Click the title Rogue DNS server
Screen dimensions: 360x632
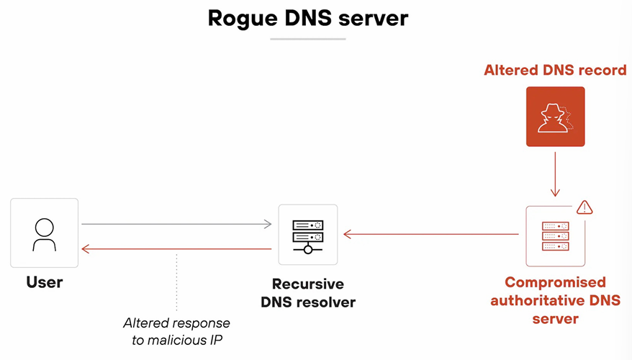(x=308, y=18)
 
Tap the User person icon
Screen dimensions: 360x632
(x=44, y=233)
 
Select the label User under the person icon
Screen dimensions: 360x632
(x=45, y=282)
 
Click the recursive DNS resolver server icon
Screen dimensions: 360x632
(x=308, y=234)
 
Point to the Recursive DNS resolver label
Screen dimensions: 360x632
(x=308, y=293)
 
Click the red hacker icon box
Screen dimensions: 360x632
(x=555, y=117)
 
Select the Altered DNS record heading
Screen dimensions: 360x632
(x=555, y=71)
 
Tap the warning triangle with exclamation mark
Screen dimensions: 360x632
(x=584, y=207)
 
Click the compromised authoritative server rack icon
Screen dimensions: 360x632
(x=555, y=236)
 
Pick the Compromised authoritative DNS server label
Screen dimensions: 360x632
(x=555, y=300)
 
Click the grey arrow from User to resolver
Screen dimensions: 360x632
(x=176, y=225)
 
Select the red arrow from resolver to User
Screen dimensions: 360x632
(x=176, y=248)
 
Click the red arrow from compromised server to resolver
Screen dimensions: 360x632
(x=431, y=234)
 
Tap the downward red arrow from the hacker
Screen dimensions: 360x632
(x=555, y=173)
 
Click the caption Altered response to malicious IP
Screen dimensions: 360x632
(x=176, y=330)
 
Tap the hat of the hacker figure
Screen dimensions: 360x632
(x=551, y=108)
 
